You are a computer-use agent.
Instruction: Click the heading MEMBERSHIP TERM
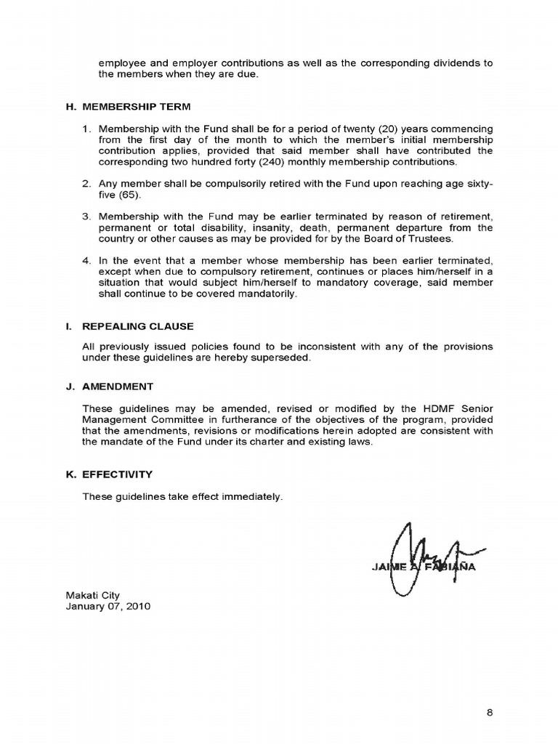pyautogui.click(x=137, y=107)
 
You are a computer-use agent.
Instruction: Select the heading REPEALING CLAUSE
pyautogui.click(x=138, y=326)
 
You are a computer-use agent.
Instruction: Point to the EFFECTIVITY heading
pyautogui.click(x=118, y=474)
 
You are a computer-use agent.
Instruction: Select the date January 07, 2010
pyautogui.click(x=108, y=606)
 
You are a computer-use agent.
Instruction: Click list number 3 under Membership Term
pyautogui.click(x=86, y=217)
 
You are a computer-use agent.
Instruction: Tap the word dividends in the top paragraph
pyautogui.click(x=453, y=63)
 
